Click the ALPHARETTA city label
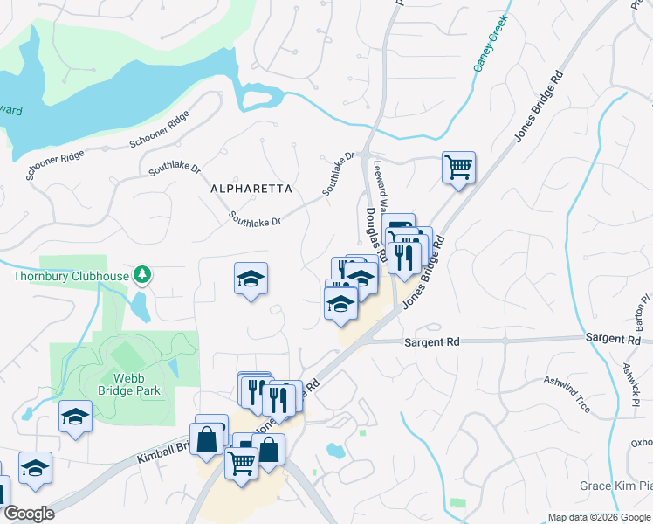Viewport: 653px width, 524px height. tap(251, 189)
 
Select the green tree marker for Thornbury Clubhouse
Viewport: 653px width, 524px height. tap(141, 275)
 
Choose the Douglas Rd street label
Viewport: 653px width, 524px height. tap(376, 231)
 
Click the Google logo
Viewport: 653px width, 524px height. tap(29, 514)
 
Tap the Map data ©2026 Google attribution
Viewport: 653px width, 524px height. tap(599, 517)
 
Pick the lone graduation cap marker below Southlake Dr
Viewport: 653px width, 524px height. tap(251, 279)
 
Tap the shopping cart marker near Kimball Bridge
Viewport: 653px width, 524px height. tap(242, 461)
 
